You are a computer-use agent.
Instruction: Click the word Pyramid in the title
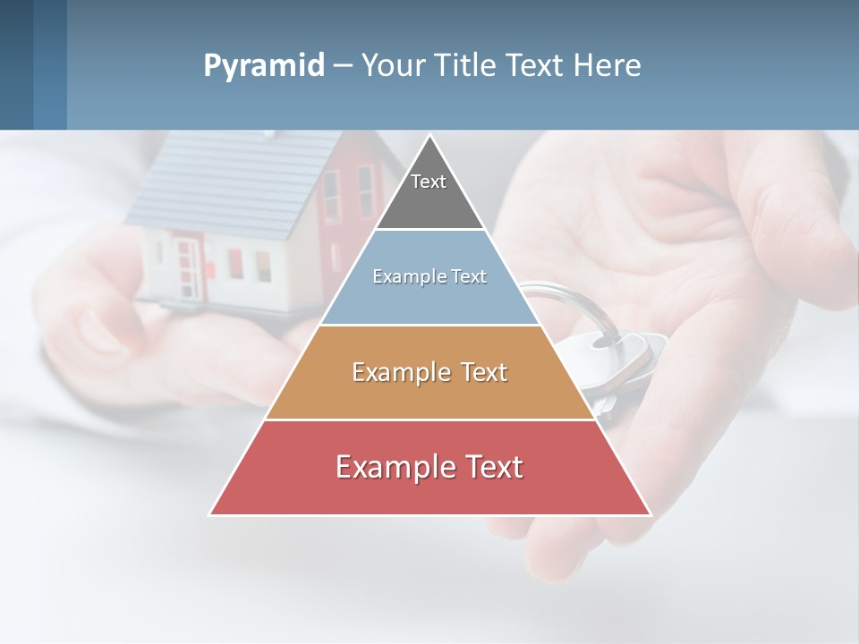click(263, 66)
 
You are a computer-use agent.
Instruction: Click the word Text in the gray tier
click(429, 182)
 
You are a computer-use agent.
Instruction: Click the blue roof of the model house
click(224, 183)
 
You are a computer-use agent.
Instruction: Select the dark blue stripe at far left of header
click(16, 64)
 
